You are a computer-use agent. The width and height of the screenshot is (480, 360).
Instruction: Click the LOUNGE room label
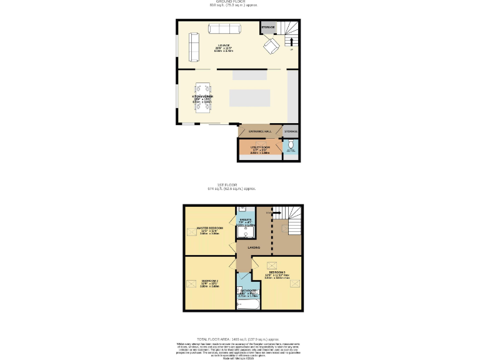point(223,45)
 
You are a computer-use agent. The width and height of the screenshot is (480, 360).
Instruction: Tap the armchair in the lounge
point(272,46)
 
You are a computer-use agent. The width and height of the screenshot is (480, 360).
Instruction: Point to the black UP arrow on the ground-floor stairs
point(291,42)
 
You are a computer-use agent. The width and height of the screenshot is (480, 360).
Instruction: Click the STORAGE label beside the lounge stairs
point(268,27)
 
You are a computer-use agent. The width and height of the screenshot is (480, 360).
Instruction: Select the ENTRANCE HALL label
point(260,131)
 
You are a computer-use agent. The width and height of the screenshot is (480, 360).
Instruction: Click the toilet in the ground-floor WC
point(291,145)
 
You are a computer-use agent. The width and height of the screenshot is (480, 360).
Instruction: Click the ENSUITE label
point(246,221)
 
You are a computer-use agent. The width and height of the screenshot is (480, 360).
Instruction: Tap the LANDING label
point(254,247)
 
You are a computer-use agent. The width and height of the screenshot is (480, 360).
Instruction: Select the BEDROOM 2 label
point(209,281)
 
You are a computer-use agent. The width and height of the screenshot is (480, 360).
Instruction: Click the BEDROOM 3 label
point(277,272)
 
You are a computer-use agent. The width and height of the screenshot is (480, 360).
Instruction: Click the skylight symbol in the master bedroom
point(191,232)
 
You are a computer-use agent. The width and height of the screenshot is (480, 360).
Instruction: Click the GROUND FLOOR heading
point(232,2)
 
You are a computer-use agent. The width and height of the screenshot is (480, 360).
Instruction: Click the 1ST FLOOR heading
point(227,185)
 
